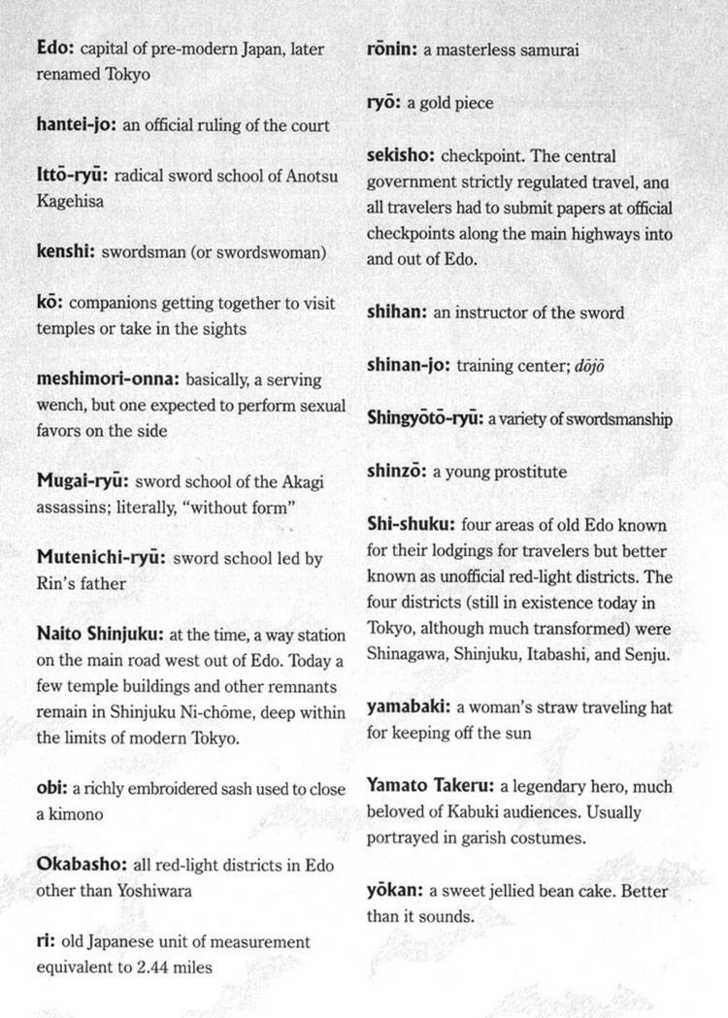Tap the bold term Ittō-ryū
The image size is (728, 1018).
71,175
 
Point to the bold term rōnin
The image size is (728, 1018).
391,49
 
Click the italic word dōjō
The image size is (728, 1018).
588,366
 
